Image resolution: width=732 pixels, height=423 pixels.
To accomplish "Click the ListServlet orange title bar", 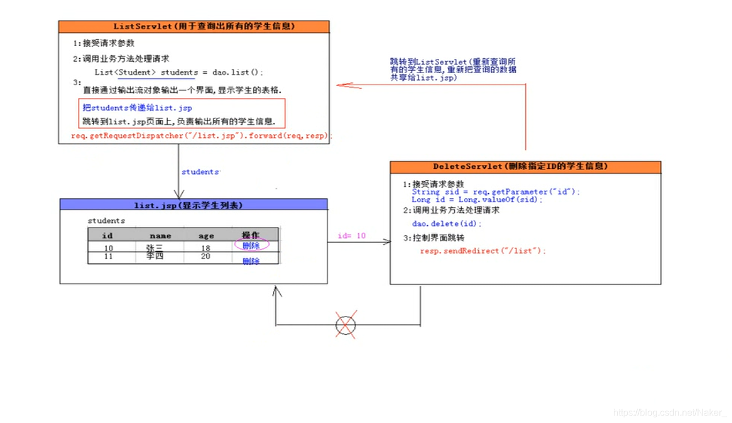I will tap(194, 27).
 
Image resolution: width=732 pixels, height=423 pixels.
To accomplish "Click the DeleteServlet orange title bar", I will tap(525, 167).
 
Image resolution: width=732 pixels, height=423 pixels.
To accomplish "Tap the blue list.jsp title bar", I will tap(193, 205).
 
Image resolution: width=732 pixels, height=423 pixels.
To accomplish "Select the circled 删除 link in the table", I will tap(251, 245).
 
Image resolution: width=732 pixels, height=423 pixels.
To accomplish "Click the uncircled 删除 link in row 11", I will tap(251, 261).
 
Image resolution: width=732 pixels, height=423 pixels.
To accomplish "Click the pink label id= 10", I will tap(352, 236).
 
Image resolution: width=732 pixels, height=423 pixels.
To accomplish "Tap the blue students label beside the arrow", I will tap(201, 172).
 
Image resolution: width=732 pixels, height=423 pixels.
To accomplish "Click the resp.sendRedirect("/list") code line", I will tap(482, 251).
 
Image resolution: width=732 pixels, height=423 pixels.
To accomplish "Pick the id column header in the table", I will tap(107, 235).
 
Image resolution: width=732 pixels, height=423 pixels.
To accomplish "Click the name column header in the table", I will tap(160, 235).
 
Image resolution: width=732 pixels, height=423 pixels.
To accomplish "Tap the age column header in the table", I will tap(206, 235).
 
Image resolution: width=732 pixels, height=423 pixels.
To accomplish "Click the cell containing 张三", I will tap(155, 248).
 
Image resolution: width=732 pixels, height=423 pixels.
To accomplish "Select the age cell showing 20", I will tap(205, 256).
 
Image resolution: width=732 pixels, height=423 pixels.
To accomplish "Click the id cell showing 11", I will tap(108, 256).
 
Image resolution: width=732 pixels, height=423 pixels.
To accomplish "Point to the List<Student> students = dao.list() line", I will tap(179, 72).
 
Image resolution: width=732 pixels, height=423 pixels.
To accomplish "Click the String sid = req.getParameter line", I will tap(496, 192).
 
